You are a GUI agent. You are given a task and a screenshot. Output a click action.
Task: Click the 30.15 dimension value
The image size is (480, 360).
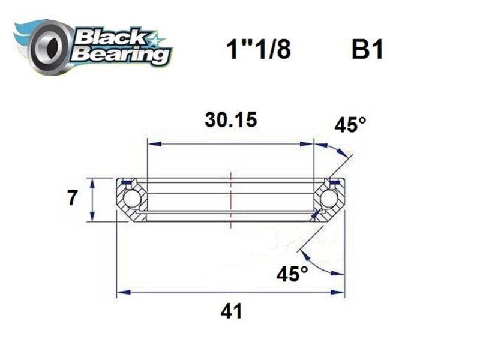click(231, 119)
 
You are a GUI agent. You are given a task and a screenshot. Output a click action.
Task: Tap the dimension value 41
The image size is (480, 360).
click(231, 311)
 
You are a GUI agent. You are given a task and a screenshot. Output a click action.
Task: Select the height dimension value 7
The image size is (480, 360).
click(72, 199)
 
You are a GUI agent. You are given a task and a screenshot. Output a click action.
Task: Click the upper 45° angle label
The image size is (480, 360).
click(350, 125)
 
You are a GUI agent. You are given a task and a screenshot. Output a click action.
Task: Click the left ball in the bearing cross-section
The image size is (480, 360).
click(131, 199)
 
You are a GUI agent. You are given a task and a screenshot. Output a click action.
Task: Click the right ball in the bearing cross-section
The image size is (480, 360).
click(328, 199)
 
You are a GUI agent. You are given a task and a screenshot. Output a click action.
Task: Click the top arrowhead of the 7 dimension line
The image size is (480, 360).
click(91, 181)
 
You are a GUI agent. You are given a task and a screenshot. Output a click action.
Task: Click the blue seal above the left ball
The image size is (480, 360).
click(126, 182)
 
